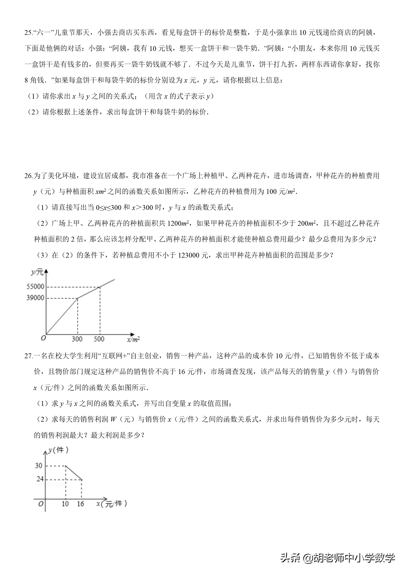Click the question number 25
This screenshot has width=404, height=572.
pos(28,33)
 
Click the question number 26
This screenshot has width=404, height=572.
pos(28,176)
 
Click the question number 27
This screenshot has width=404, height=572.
pos(28,356)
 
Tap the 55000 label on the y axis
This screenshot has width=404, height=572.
pos(35,287)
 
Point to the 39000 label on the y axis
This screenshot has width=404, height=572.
pos(35,298)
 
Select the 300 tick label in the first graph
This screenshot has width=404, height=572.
pos(77,339)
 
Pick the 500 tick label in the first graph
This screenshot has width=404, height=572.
pos(99,339)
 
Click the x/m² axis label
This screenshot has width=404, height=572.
pos(133,339)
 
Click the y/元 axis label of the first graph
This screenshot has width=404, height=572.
pos(37,272)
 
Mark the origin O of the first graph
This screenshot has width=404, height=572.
pos(43,338)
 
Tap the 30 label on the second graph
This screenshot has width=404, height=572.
pos(39,465)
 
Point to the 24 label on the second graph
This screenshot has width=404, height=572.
pos(40,479)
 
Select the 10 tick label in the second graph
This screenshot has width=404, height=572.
pos(65,504)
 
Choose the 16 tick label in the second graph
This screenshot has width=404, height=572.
pos(80,504)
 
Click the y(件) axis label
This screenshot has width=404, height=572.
pos(58,450)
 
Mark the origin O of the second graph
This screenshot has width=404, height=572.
pos(41,504)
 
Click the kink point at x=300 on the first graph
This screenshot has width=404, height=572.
pos(78,298)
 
